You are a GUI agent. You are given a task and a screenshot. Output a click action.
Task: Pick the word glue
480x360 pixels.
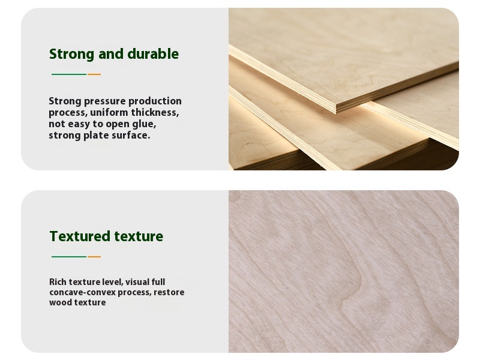click(x=143, y=124)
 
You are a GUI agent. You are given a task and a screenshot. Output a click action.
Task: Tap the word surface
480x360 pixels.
click(x=130, y=135)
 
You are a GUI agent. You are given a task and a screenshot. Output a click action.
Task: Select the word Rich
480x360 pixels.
click(x=58, y=282)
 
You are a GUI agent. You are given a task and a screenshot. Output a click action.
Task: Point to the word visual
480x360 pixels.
click(x=138, y=282)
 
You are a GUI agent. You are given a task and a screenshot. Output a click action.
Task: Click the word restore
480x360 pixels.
click(x=169, y=292)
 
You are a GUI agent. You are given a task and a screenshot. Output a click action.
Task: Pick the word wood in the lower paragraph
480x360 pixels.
click(x=61, y=302)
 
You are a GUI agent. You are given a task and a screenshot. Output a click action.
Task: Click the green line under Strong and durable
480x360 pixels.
click(x=69, y=74)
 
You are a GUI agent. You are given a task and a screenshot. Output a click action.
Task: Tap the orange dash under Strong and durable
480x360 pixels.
click(x=94, y=74)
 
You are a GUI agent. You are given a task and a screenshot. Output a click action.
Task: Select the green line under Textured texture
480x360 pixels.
click(x=69, y=257)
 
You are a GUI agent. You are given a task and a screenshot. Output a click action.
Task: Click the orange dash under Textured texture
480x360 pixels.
click(x=94, y=257)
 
